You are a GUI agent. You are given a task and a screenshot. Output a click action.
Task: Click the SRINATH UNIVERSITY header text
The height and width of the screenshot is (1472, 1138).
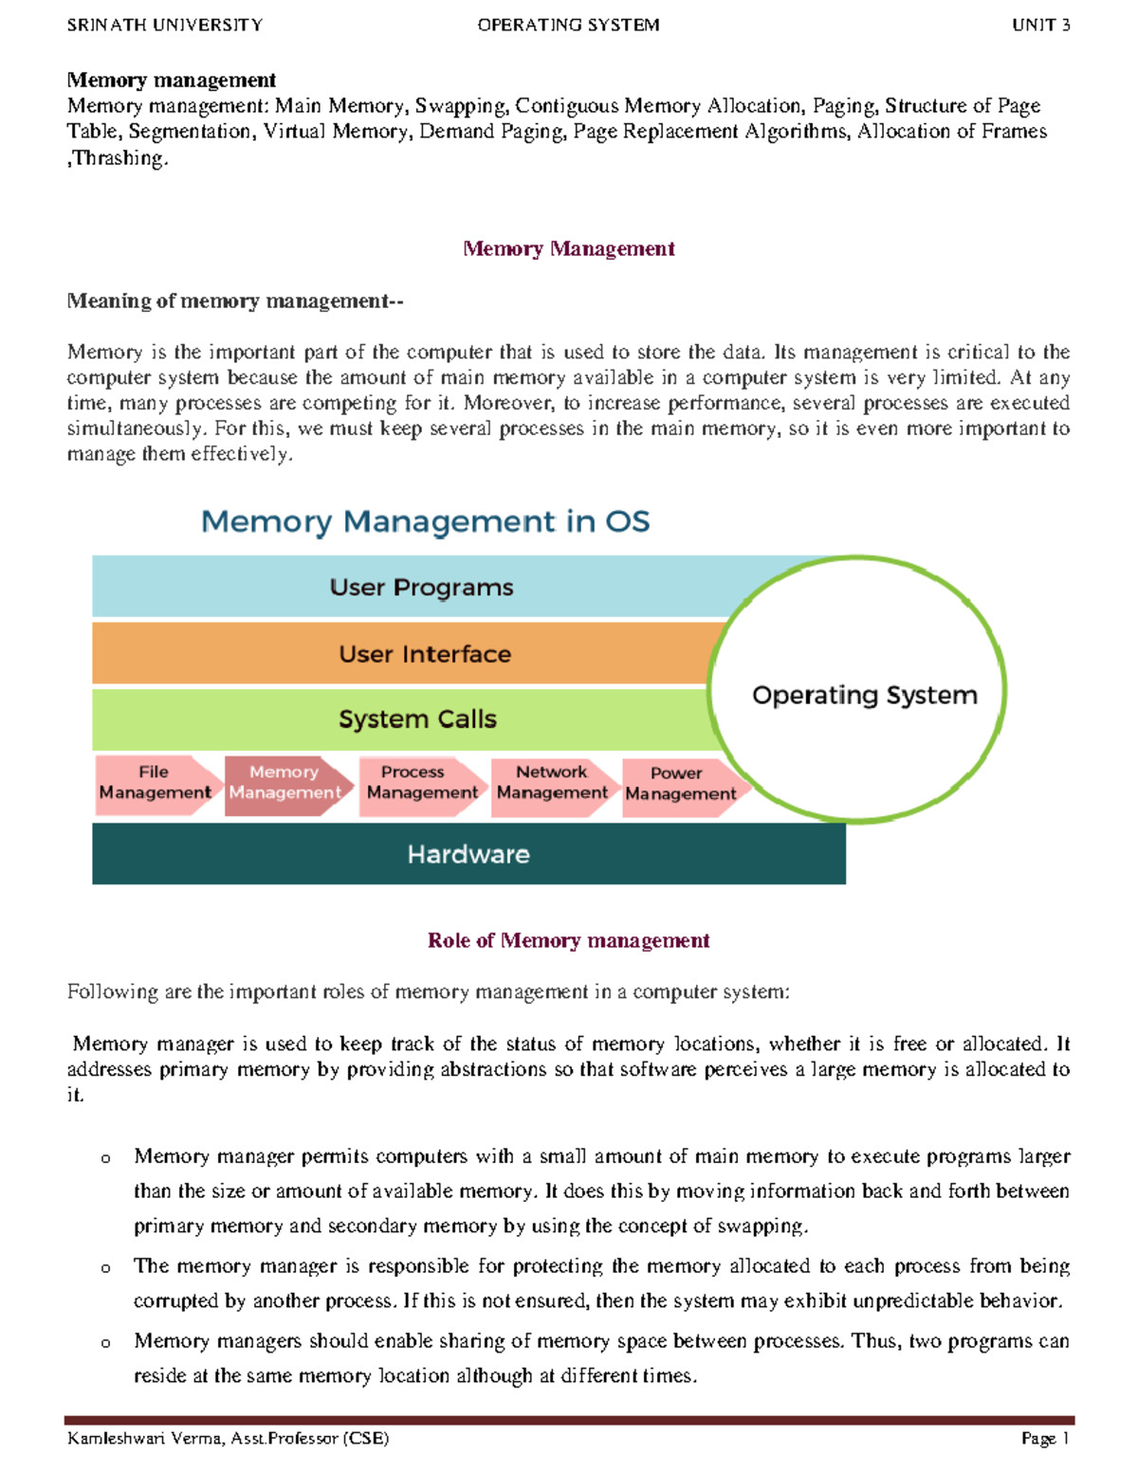click(x=164, y=26)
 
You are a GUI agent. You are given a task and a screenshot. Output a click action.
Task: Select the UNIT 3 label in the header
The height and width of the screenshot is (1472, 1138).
click(x=1040, y=26)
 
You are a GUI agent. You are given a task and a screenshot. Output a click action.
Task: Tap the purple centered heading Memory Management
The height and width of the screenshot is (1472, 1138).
click(x=568, y=248)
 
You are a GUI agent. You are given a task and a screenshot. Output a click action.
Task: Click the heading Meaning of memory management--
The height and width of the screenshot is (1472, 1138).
click(x=235, y=300)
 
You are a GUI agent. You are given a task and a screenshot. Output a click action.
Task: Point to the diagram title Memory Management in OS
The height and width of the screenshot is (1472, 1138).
click(x=425, y=521)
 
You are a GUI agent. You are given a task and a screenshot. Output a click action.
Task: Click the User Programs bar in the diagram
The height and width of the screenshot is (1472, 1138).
click(x=421, y=588)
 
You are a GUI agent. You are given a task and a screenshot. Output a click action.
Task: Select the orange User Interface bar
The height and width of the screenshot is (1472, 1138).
click(x=424, y=654)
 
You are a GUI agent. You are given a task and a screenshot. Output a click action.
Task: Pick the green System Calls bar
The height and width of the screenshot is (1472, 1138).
click(x=417, y=719)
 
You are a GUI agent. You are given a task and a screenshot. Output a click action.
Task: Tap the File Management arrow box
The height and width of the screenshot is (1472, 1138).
click(x=155, y=783)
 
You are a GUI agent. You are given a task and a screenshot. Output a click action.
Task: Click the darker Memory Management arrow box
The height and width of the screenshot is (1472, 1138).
click(x=284, y=783)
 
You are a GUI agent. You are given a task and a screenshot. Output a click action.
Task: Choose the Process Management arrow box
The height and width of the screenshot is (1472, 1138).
click(x=421, y=783)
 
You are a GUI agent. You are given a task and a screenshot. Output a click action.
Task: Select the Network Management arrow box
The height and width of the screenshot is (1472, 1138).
click(x=552, y=783)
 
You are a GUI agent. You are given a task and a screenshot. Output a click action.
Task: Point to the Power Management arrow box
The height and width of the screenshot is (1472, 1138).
click(x=680, y=784)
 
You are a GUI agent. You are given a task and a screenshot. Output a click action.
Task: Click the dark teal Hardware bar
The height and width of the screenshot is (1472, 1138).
click(x=468, y=854)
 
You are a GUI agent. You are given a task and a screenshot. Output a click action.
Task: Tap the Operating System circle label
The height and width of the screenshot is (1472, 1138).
click(x=864, y=695)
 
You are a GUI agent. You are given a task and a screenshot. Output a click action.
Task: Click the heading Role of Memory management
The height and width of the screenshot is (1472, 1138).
click(x=568, y=940)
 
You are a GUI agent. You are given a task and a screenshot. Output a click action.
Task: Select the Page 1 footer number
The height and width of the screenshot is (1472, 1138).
click(x=1045, y=1438)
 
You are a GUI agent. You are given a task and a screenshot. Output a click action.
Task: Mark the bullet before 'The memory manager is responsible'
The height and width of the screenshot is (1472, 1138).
click(x=105, y=1268)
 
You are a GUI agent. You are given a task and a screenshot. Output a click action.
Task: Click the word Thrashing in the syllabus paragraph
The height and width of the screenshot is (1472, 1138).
click(x=119, y=158)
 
